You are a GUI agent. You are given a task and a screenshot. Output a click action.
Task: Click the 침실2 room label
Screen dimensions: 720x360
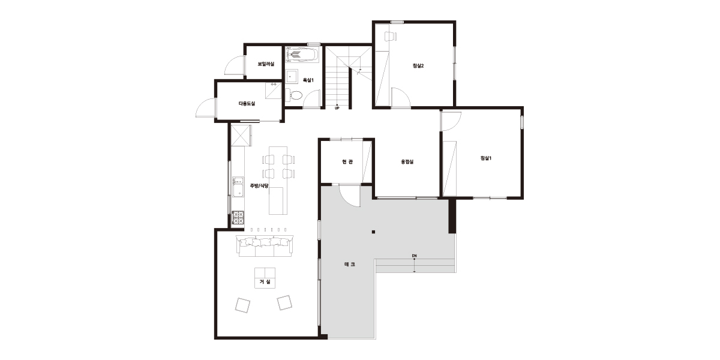coord(418,66)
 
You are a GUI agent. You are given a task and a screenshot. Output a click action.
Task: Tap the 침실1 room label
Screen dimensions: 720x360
coord(485,158)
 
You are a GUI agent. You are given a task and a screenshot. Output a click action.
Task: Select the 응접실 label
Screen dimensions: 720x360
coord(407,161)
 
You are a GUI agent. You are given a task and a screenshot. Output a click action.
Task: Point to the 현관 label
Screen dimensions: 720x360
coord(347,161)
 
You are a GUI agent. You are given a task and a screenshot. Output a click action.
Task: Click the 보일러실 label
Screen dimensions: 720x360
coord(266,64)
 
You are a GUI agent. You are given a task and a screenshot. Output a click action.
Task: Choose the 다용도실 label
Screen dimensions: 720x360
coord(247,103)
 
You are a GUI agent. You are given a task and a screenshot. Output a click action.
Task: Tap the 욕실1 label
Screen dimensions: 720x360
coord(308,80)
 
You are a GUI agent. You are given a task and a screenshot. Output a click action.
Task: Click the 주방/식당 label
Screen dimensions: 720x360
coord(259,186)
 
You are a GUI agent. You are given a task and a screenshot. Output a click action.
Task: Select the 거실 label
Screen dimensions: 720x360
coord(265,282)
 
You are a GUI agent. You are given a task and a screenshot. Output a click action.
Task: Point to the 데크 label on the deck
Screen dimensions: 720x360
coord(350,265)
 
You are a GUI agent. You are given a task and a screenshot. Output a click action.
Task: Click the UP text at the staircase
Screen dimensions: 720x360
coord(337,109)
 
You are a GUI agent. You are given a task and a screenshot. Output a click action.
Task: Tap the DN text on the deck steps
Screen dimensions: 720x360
coord(415,256)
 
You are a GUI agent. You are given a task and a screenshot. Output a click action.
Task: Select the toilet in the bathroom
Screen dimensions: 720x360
coord(295,95)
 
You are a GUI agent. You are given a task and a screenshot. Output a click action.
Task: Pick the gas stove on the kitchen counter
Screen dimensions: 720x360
coord(238,217)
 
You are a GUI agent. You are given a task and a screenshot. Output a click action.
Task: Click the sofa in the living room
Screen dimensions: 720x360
coord(265,246)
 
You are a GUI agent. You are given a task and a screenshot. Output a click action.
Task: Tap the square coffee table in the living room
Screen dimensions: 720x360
coord(265,278)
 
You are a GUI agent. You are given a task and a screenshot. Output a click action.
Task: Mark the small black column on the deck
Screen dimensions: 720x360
coord(373,232)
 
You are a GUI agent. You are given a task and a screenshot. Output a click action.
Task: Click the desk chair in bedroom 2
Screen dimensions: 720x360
coord(391,37)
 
